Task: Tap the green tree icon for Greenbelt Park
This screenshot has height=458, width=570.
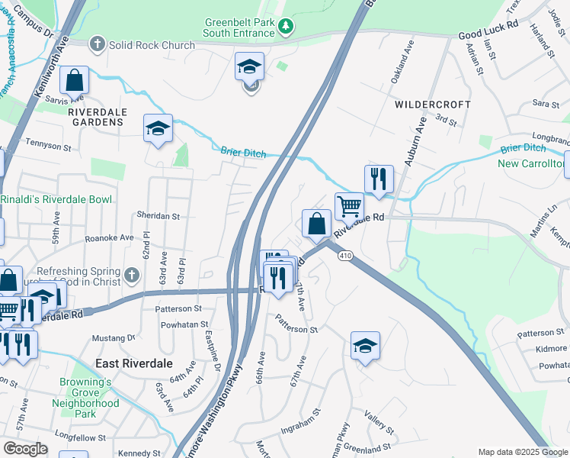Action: tap(286, 27)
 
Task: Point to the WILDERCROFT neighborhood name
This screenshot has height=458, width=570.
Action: tap(432, 104)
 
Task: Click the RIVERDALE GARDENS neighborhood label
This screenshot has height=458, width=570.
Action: tap(96, 117)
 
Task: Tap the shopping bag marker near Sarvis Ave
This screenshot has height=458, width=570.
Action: tap(74, 80)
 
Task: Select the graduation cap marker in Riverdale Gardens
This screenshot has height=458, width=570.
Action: tap(158, 128)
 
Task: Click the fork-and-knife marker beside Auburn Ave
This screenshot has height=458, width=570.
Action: tap(379, 179)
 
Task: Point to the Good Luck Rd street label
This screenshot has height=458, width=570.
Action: tap(488, 35)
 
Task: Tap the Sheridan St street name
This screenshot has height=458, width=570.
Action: tap(158, 216)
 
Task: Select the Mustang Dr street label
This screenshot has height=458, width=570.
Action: tap(113, 337)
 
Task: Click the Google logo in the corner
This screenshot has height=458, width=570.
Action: tap(25, 449)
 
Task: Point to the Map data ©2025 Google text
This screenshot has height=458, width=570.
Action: tap(523, 452)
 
